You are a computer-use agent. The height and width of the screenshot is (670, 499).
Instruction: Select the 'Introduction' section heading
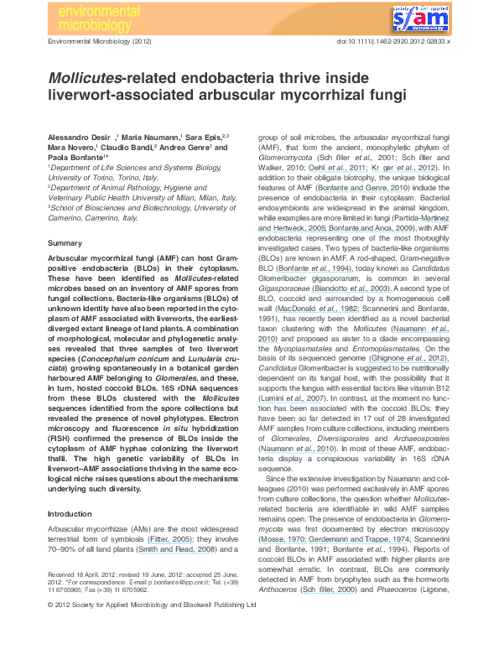tap(70, 513)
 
